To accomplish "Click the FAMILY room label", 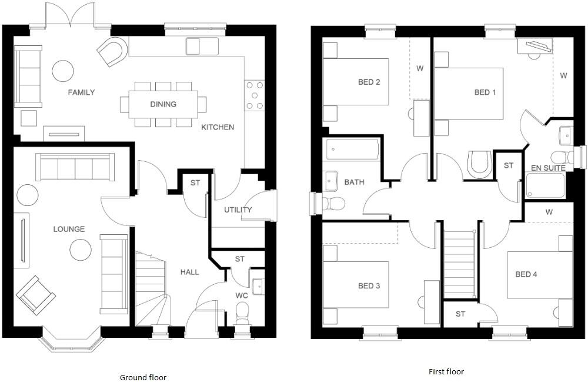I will click(81, 92).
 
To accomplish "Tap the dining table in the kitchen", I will click(163, 104).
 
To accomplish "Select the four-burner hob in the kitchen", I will click(255, 95).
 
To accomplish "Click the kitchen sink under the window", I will click(202, 46).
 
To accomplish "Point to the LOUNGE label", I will click(69, 229).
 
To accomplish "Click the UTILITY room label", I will click(238, 210).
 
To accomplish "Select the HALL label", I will click(190, 272).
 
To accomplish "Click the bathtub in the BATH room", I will click(352, 150).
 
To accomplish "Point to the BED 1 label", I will click(485, 92).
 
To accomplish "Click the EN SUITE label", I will click(548, 168).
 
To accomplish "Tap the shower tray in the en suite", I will click(544, 185).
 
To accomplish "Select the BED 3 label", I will click(369, 286).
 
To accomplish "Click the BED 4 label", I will click(526, 274).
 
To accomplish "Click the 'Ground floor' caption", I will click(143, 377).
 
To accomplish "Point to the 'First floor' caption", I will click(446, 371).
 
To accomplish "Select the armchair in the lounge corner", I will click(36, 295).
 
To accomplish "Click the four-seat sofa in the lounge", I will click(75, 167).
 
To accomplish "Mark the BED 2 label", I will click(369, 82).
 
